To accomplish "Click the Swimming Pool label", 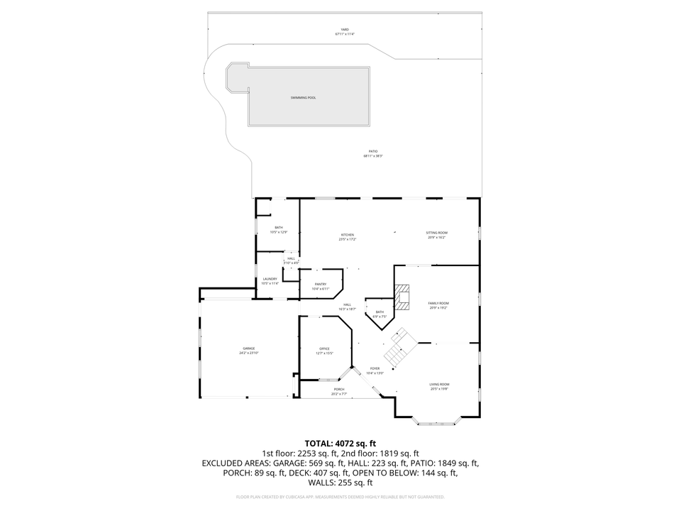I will [303, 97].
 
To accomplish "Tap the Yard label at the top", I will [345, 30].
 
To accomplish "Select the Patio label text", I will [372, 151].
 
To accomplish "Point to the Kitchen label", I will [347, 235].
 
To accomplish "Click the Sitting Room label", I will [436, 233].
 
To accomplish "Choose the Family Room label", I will [438, 303].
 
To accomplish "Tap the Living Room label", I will [439, 385].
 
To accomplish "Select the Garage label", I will [248, 348].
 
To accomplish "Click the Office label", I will [324, 348].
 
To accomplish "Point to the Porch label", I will [339, 389].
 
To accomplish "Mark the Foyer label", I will [375, 368].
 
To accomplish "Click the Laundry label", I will [270, 279].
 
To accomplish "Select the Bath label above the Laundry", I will [278, 227].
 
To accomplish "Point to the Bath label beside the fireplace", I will [380, 312].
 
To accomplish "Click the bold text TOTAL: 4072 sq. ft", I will [340, 443].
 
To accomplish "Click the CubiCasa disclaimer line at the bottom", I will [340, 497].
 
